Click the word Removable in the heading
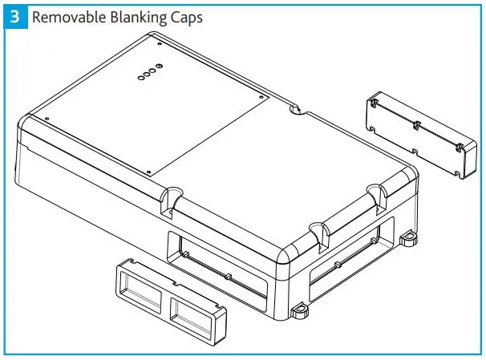pyautogui.click(x=64, y=17)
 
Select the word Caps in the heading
pyautogui.click(x=180, y=17)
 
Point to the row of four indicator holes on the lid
pyautogui.click(x=149, y=72)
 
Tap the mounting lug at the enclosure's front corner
pyautogui.click(x=301, y=309)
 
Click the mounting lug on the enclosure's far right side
pyautogui.click(x=409, y=237)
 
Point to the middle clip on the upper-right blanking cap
pyautogui.click(x=416, y=125)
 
